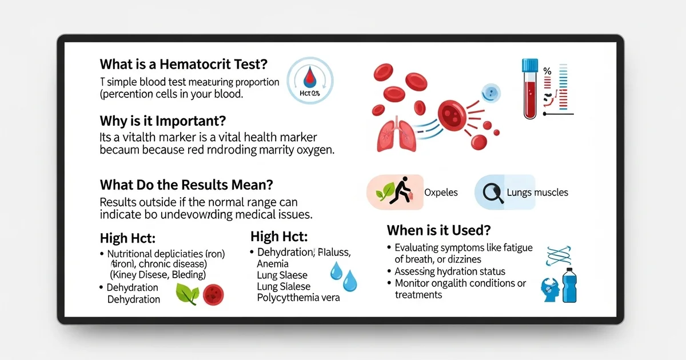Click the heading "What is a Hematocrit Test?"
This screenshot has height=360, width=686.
tap(184, 64)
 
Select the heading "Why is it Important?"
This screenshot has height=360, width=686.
tap(163, 121)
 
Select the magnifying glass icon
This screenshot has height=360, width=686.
tap(493, 193)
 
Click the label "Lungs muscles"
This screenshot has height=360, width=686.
tap(537, 193)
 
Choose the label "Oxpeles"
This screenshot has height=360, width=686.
tap(441, 193)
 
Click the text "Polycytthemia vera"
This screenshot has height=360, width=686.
tap(298, 298)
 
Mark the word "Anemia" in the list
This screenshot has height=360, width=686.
tap(273, 264)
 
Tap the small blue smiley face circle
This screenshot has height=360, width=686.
tap(490, 91)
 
